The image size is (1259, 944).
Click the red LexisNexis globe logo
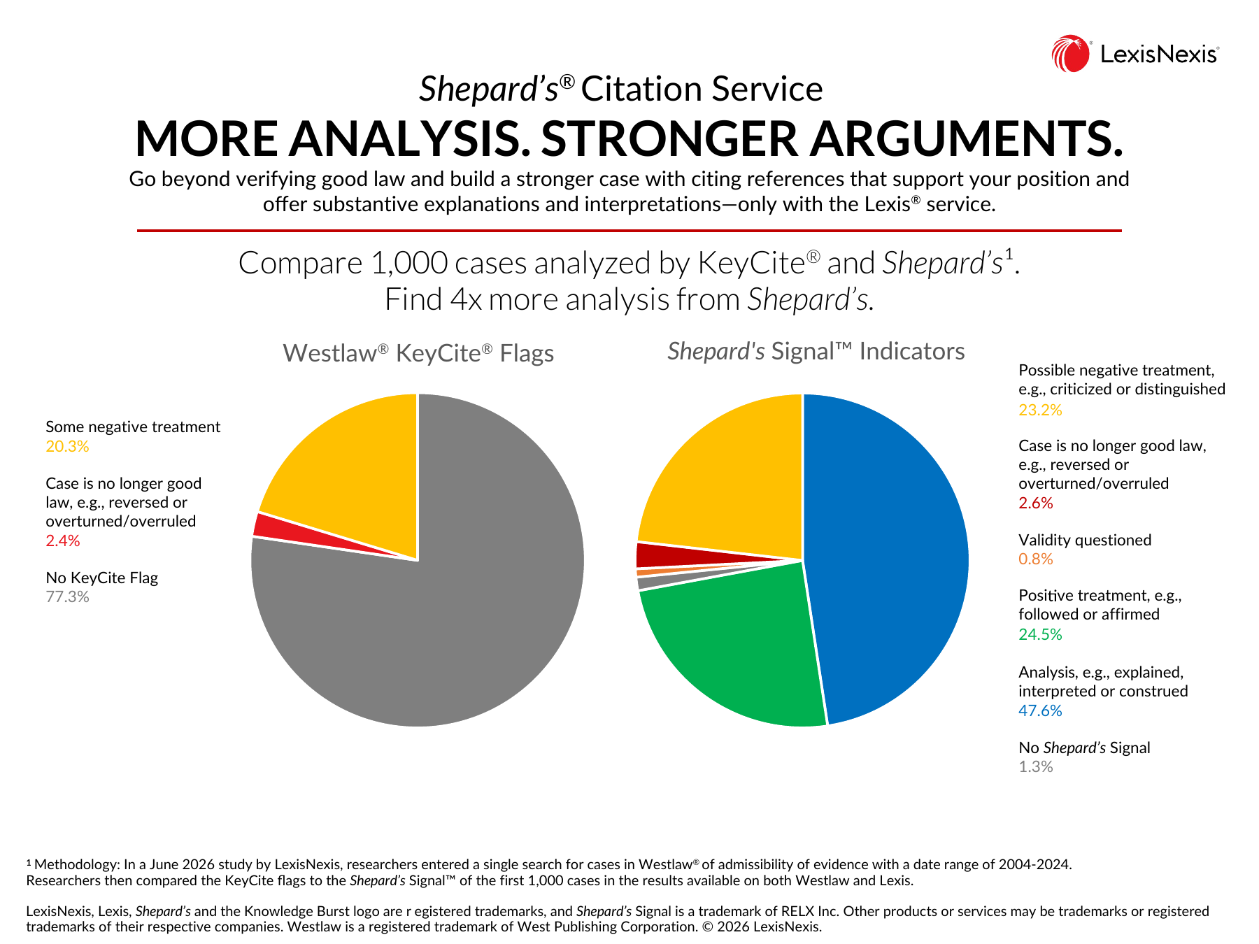1071,54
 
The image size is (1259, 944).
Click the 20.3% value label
67,447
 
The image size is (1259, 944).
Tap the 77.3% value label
67,597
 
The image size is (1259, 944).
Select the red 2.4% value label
63,541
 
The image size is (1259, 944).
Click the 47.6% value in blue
1040,711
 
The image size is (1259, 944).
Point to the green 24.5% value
1040,635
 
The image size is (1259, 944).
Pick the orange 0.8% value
1036,559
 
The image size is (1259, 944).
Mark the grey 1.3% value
1036,767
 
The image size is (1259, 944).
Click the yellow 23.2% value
1040,410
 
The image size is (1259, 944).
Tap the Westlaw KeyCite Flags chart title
418,353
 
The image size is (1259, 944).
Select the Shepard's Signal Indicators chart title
816,351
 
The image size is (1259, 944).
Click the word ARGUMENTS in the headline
967,138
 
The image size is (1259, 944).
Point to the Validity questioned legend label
1085,540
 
